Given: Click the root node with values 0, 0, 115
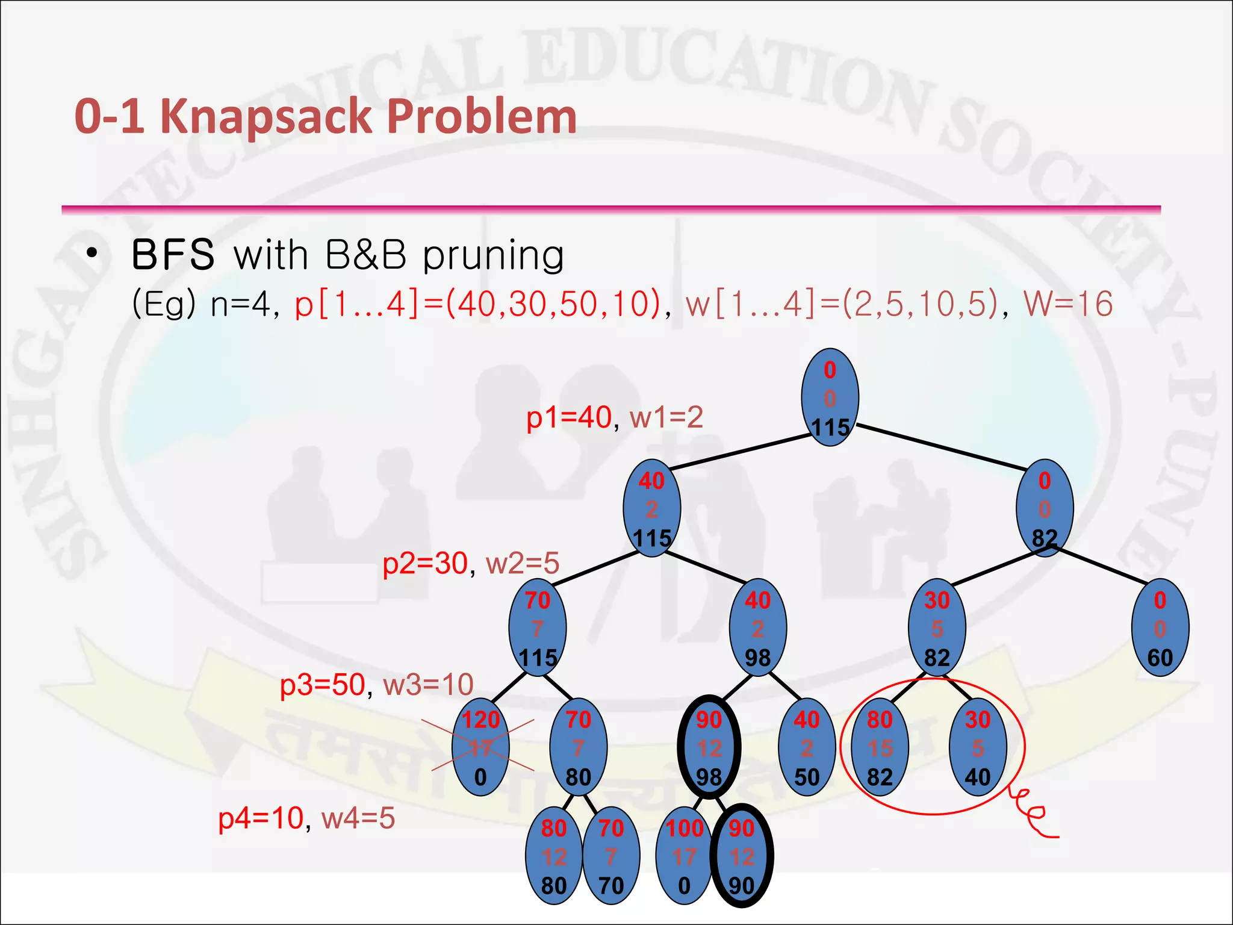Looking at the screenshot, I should (830, 397).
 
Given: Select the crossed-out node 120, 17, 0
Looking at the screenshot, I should (480, 748).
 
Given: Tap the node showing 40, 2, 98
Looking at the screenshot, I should (757, 628).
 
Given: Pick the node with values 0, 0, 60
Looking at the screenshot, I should (1160, 628).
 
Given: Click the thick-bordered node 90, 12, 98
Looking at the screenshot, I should (709, 748).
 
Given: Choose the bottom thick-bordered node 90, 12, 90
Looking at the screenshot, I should (741, 856).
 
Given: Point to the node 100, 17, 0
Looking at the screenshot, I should (684, 856).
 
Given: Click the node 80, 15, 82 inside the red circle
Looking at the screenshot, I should (880, 748).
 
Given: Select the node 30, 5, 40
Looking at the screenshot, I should (977, 748).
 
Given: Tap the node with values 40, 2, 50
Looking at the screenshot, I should (806, 748).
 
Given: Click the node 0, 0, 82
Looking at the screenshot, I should (1044, 509).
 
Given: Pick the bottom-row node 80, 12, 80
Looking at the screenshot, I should (553, 856).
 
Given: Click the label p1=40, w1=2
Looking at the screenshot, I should (614, 417).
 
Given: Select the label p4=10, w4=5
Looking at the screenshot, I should (306, 818).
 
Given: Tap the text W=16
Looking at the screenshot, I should (1067, 304).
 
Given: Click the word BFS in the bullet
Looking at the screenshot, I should (173, 255).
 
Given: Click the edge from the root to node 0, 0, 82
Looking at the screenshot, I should (942, 447).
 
